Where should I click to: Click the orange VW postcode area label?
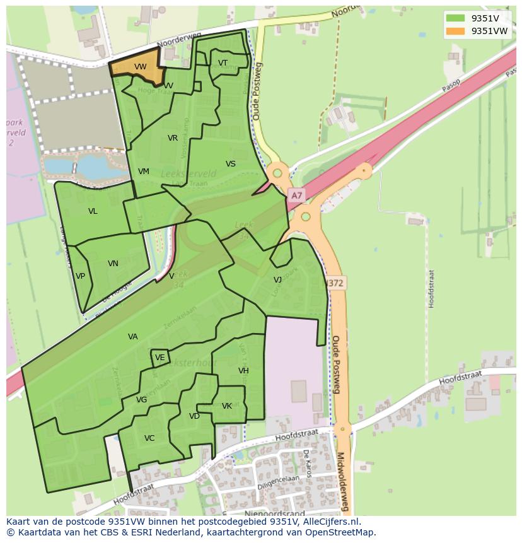[140, 67]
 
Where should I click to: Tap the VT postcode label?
[223, 62]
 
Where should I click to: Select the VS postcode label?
[231, 164]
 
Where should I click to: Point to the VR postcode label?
[173, 138]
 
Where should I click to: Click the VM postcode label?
[143, 172]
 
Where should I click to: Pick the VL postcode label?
[93, 211]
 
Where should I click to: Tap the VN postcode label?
[113, 264]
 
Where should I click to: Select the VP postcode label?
[80, 276]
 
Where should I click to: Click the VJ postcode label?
[277, 280]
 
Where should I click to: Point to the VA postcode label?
[132, 337]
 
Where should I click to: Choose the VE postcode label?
[159, 358]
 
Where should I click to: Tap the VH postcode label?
[243, 371]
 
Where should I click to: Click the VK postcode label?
[227, 406]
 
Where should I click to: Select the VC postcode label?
[149, 438]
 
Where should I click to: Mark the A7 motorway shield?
[296, 196]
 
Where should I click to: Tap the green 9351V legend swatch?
[455, 18]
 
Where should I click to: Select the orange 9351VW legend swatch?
[455, 31]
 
